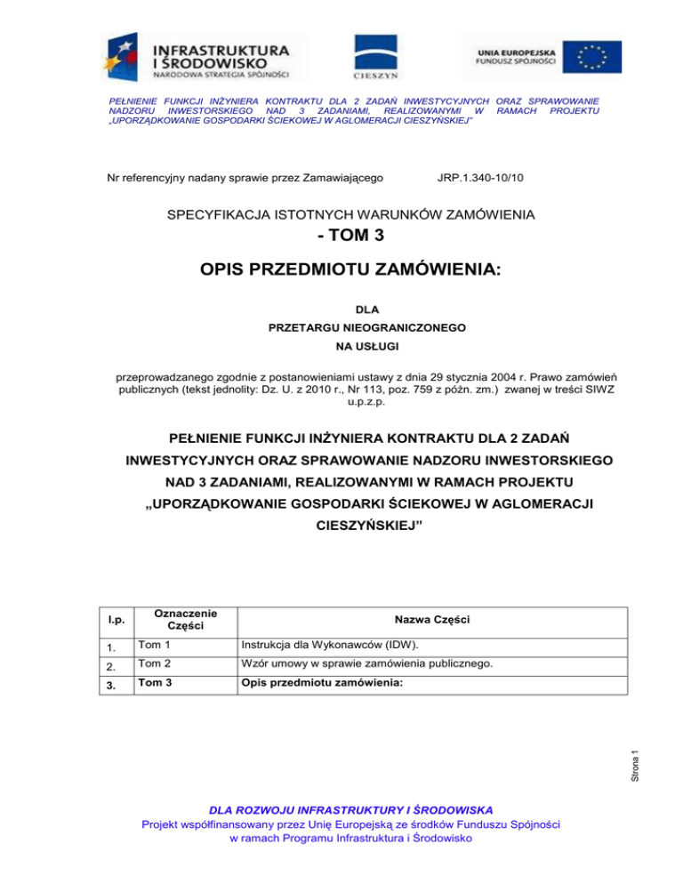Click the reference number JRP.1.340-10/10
click(481, 178)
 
